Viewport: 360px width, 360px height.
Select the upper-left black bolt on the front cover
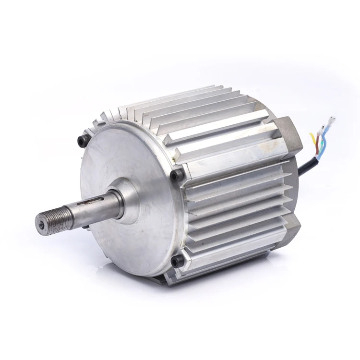tap(82, 141)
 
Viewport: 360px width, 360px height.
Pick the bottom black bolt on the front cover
tap(177, 261)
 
